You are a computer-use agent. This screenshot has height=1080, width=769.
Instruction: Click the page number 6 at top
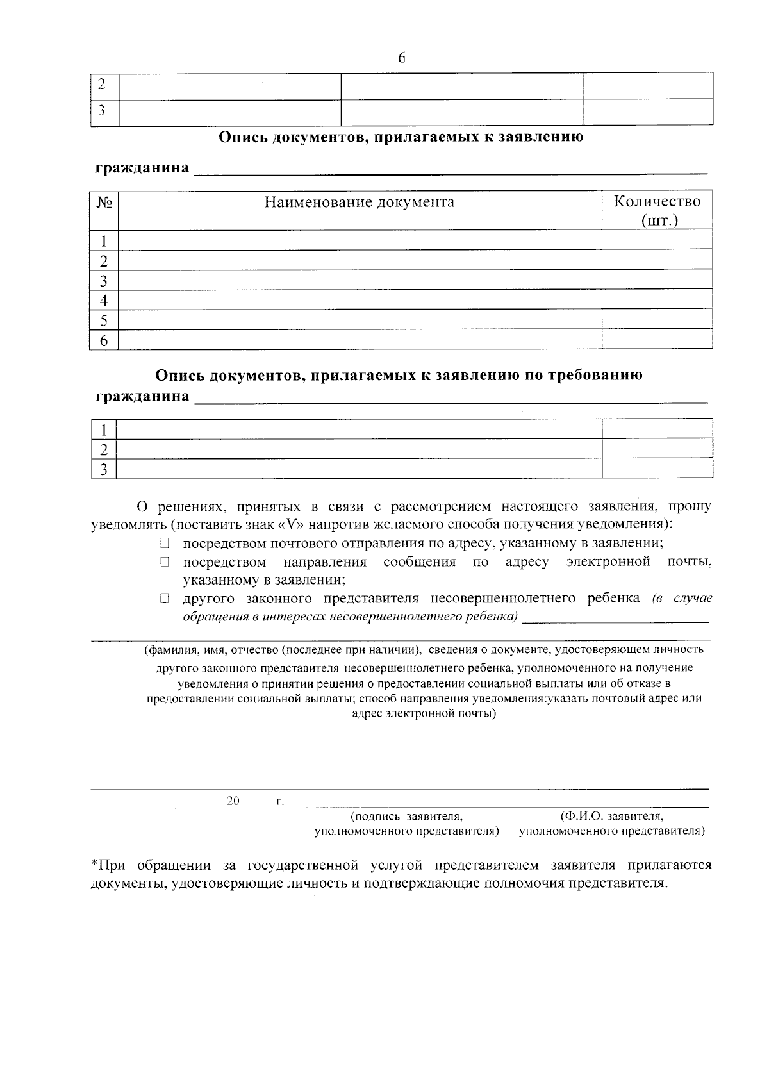click(x=402, y=58)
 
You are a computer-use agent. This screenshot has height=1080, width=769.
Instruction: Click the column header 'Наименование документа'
click(x=360, y=203)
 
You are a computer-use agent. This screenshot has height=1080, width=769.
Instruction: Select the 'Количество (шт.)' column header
click(x=657, y=211)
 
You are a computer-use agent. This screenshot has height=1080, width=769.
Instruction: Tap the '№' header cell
click(x=104, y=203)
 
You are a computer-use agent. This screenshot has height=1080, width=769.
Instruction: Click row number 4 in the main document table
click(x=103, y=300)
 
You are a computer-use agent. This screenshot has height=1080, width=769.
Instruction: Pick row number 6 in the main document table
click(x=103, y=340)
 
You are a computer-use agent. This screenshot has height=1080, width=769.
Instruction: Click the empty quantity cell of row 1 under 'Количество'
click(x=657, y=240)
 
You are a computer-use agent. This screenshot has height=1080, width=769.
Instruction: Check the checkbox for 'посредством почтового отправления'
click(x=165, y=544)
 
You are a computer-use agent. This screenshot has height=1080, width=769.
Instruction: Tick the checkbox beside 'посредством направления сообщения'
click(x=165, y=562)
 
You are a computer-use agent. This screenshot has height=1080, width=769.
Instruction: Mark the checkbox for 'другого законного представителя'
click(x=165, y=599)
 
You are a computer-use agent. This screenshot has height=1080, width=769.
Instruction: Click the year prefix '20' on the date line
click(x=233, y=801)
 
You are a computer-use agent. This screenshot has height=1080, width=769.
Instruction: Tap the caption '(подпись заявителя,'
click(x=406, y=817)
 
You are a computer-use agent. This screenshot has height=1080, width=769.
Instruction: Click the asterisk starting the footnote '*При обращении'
click(x=94, y=865)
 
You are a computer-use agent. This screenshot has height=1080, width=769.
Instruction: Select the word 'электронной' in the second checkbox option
click(x=608, y=562)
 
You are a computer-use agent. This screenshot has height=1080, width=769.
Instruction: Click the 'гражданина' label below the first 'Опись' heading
click(x=142, y=169)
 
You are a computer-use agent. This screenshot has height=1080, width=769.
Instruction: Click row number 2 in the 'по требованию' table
click(x=103, y=449)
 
